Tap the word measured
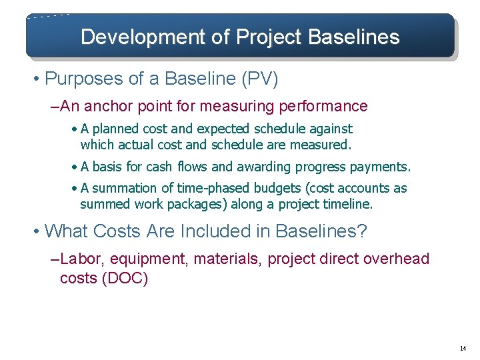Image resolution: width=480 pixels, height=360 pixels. [323, 144]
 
